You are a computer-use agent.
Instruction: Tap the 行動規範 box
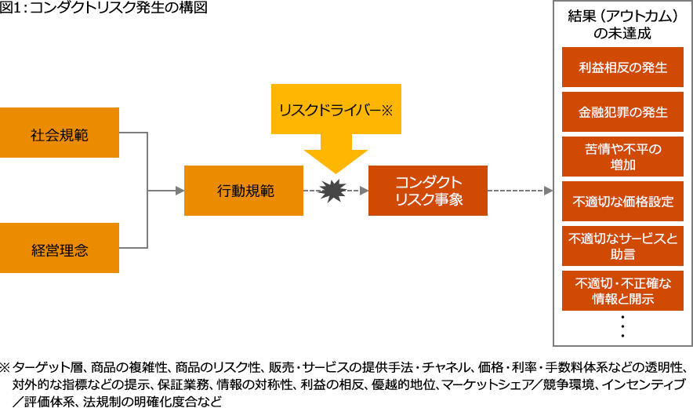pyautogui.click(x=243, y=190)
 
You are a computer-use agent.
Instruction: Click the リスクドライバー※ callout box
pyautogui.click(x=336, y=109)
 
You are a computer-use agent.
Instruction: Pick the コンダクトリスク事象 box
pyautogui.click(x=427, y=190)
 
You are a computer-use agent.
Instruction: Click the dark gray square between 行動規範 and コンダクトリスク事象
pyautogui.click(x=332, y=191)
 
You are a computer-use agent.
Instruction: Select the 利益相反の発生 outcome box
pyautogui.click(x=622, y=67)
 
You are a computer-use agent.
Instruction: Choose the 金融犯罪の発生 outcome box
pyautogui.click(x=622, y=112)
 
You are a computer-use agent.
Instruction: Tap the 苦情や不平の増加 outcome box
pyautogui.click(x=622, y=157)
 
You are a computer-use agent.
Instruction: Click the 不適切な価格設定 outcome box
pyautogui.click(x=622, y=202)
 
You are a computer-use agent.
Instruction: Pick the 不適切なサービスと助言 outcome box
pyautogui.click(x=622, y=246)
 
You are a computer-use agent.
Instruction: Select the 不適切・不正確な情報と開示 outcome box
pyautogui.click(x=622, y=291)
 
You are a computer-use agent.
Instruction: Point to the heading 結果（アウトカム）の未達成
pyautogui.click(x=622, y=24)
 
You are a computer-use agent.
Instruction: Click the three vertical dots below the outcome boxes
pyautogui.click(x=622, y=326)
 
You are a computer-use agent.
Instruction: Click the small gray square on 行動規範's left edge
pyautogui.click(x=179, y=190)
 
